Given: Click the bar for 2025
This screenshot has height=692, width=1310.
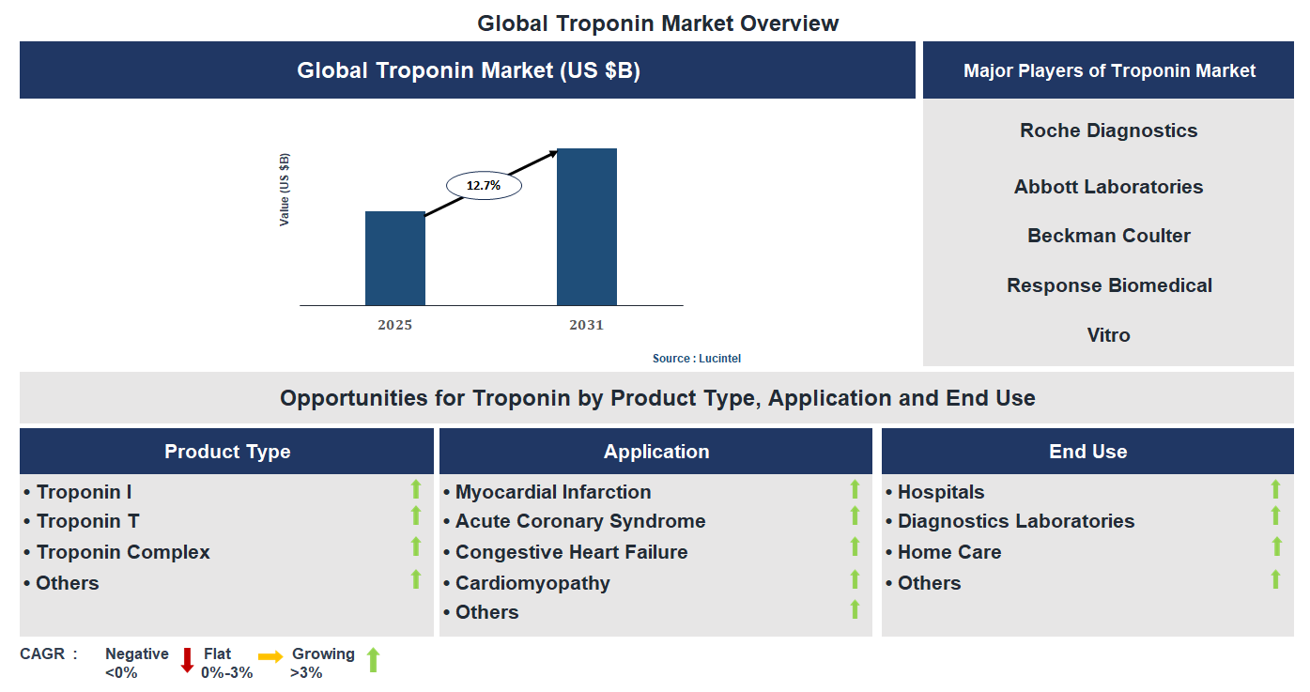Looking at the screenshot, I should coord(394,258).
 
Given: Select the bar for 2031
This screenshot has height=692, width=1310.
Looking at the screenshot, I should coord(586,227).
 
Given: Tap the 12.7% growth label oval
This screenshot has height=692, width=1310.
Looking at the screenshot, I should coord(484,186).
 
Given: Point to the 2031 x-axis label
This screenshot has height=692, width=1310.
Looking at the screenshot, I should coord(586,326).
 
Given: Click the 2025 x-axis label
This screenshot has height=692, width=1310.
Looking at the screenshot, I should coord(394,326).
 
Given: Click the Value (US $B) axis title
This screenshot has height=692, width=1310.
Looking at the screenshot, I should coord(285,189).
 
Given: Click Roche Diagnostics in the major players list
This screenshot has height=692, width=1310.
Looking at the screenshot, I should coord(1108,131).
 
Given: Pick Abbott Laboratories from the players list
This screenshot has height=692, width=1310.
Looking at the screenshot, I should coord(1108,187).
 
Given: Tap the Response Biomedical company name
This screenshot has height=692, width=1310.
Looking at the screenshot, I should coord(1109,285).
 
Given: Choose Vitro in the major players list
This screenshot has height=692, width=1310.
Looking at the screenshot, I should coord(1108,335).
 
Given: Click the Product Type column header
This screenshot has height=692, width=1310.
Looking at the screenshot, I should coord(227,452).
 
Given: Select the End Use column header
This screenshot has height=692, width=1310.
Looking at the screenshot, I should coord(1087,452).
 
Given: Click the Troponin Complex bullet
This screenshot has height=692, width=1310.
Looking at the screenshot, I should coord(123,552).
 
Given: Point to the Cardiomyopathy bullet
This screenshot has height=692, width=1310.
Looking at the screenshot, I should coord(532,583).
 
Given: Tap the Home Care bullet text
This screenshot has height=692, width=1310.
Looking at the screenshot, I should coord(948,552).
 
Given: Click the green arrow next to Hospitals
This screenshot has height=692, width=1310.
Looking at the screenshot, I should coord(1275,489).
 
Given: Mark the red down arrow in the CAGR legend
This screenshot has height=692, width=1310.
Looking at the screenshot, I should coord(187,660).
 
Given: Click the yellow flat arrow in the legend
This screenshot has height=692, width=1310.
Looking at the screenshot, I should coord(270,656).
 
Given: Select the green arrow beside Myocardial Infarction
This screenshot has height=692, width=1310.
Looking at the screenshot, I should coord(855,489).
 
